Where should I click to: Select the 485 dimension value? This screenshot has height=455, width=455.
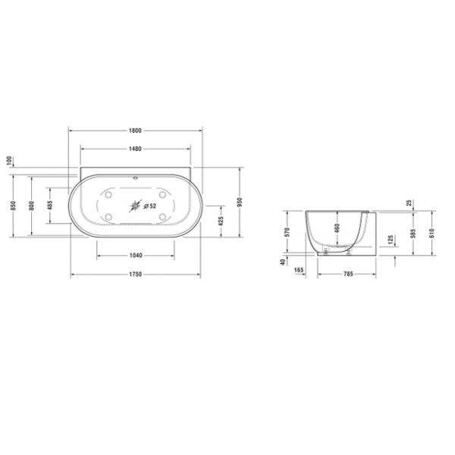[x=50, y=206]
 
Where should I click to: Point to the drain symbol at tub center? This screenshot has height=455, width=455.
[x=136, y=205]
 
